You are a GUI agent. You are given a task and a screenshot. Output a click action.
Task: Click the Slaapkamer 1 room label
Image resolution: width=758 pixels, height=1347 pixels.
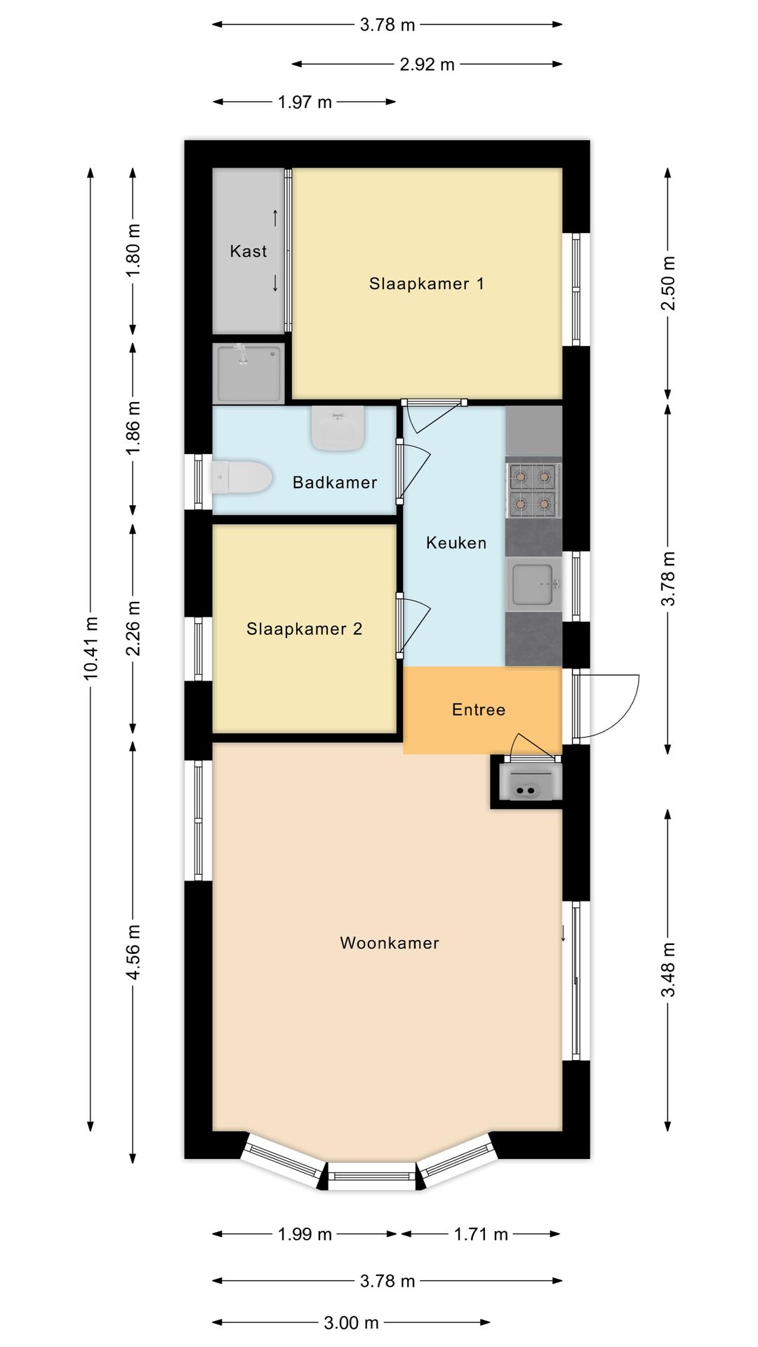click(x=426, y=283)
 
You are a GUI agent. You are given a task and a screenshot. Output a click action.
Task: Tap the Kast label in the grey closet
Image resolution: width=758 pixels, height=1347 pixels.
click(x=248, y=251)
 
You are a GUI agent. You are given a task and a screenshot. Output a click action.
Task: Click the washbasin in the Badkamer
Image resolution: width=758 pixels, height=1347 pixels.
click(x=338, y=429)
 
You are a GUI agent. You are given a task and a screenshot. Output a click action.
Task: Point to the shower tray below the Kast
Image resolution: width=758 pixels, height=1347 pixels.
click(x=248, y=373)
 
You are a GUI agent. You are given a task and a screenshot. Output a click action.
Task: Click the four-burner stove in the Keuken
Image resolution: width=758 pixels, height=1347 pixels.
click(x=533, y=489)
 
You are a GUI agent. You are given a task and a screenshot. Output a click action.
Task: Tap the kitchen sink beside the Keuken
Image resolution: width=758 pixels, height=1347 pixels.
click(x=534, y=584)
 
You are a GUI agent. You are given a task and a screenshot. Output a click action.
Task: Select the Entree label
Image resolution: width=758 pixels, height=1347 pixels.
click(x=479, y=710)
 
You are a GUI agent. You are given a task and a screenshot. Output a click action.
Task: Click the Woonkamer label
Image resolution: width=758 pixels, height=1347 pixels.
click(x=390, y=943)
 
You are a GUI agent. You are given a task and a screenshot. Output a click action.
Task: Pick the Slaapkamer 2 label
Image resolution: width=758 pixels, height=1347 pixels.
click(x=304, y=629)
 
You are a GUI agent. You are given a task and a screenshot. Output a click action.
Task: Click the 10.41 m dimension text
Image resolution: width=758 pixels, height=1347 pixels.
click(x=91, y=648)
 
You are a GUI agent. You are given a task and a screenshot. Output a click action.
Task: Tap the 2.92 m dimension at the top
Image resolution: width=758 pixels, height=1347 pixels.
click(x=427, y=65)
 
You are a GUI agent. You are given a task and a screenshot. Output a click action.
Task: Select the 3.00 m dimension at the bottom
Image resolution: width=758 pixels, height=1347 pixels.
click(x=351, y=1323)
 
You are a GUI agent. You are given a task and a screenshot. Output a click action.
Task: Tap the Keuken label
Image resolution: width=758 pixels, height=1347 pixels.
click(x=456, y=542)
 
